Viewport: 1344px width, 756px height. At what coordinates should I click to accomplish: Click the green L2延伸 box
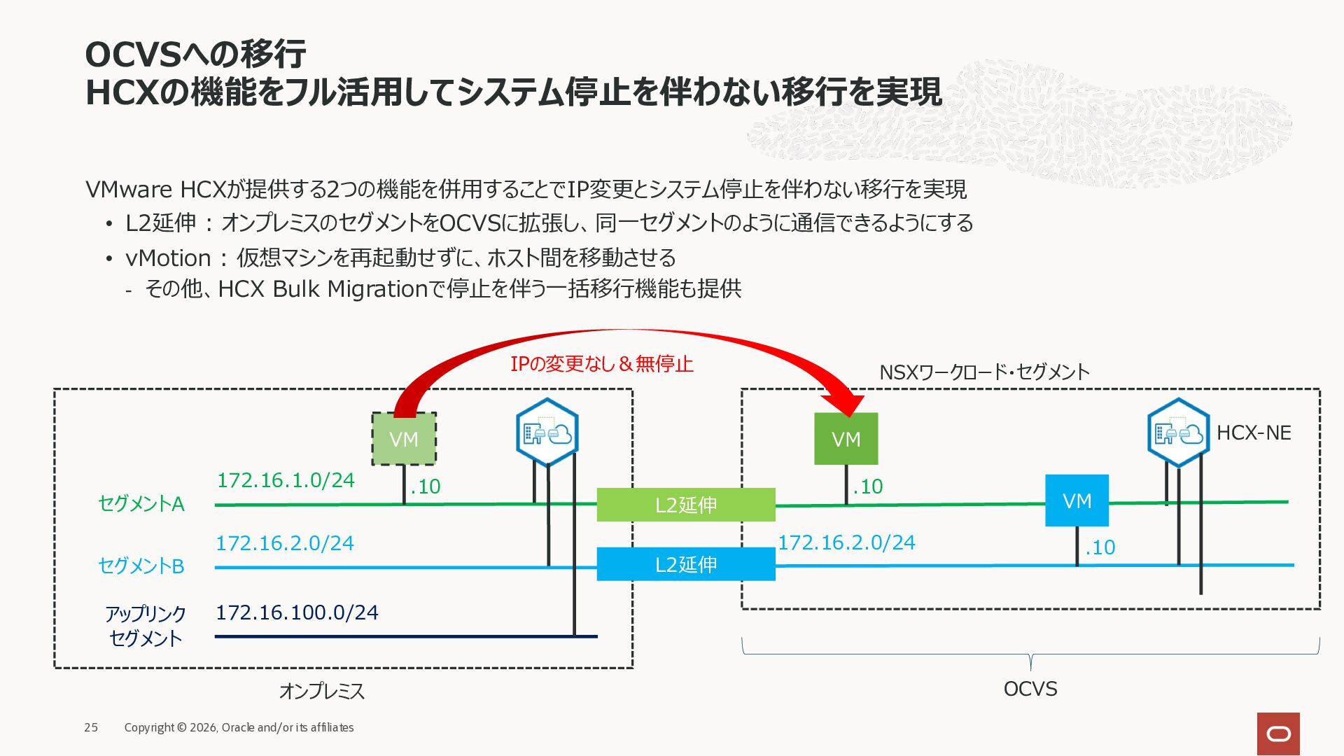click(686, 505)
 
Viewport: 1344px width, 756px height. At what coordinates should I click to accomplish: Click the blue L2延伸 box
click(686, 564)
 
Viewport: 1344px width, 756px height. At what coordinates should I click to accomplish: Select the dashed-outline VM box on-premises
click(404, 439)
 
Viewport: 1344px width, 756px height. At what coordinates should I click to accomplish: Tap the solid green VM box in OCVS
click(846, 439)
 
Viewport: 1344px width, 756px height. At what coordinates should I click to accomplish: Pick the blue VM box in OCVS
click(1077, 500)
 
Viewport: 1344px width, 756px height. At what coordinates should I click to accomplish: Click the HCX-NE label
click(1254, 433)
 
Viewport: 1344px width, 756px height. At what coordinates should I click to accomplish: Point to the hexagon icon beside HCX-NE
click(1179, 433)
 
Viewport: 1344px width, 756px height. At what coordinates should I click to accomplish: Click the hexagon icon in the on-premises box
click(547, 433)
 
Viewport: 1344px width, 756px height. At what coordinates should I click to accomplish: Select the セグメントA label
click(141, 504)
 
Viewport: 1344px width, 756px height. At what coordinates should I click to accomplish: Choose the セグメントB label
click(141, 566)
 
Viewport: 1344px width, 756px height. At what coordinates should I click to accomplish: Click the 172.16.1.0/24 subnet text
click(286, 480)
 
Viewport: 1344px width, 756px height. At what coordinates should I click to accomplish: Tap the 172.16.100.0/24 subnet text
click(297, 612)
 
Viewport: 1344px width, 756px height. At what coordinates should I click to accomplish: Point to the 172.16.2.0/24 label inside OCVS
click(847, 542)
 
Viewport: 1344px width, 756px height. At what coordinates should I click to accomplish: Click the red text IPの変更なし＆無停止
click(602, 364)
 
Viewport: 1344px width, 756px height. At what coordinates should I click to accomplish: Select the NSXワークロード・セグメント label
click(984, 372)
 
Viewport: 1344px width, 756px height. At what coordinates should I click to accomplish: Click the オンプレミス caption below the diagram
click(322, 691)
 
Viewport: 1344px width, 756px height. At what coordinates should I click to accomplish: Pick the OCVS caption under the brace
click(1030, 689)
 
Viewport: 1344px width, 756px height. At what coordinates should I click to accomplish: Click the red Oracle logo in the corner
click(1278, 734)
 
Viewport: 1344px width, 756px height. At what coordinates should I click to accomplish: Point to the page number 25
click(91, 727)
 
